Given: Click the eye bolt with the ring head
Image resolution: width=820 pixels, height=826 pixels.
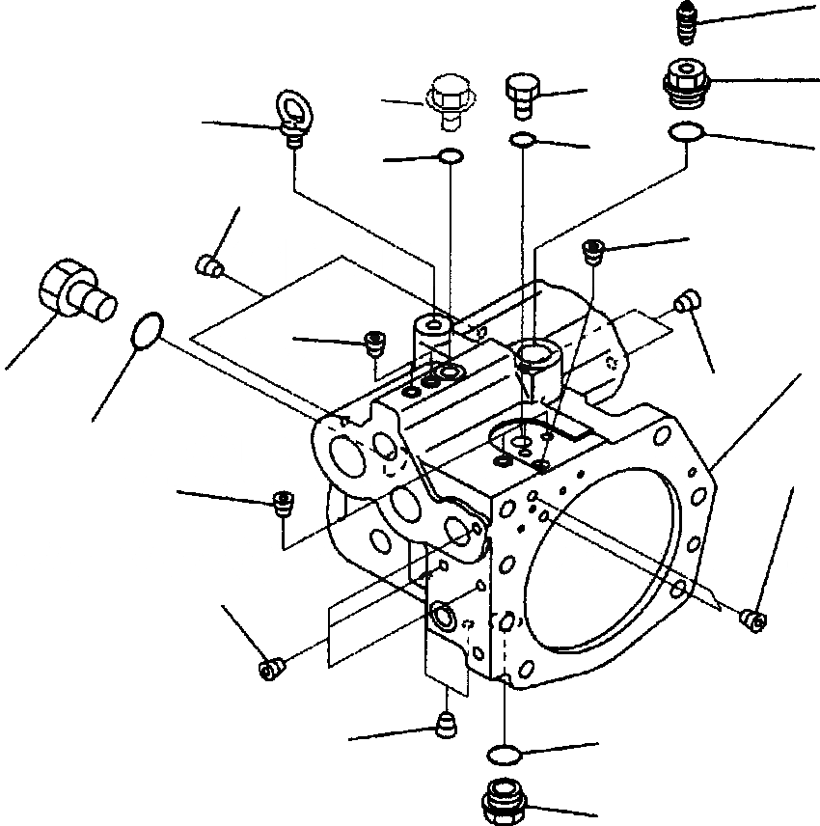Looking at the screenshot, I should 293,114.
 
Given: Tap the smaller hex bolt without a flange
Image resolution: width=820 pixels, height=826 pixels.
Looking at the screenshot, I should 521,95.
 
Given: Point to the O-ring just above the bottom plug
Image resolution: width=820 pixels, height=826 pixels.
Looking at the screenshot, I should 505,753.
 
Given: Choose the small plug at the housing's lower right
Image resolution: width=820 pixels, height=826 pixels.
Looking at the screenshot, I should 753,619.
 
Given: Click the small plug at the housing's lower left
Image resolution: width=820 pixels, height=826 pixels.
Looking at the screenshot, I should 271,668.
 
